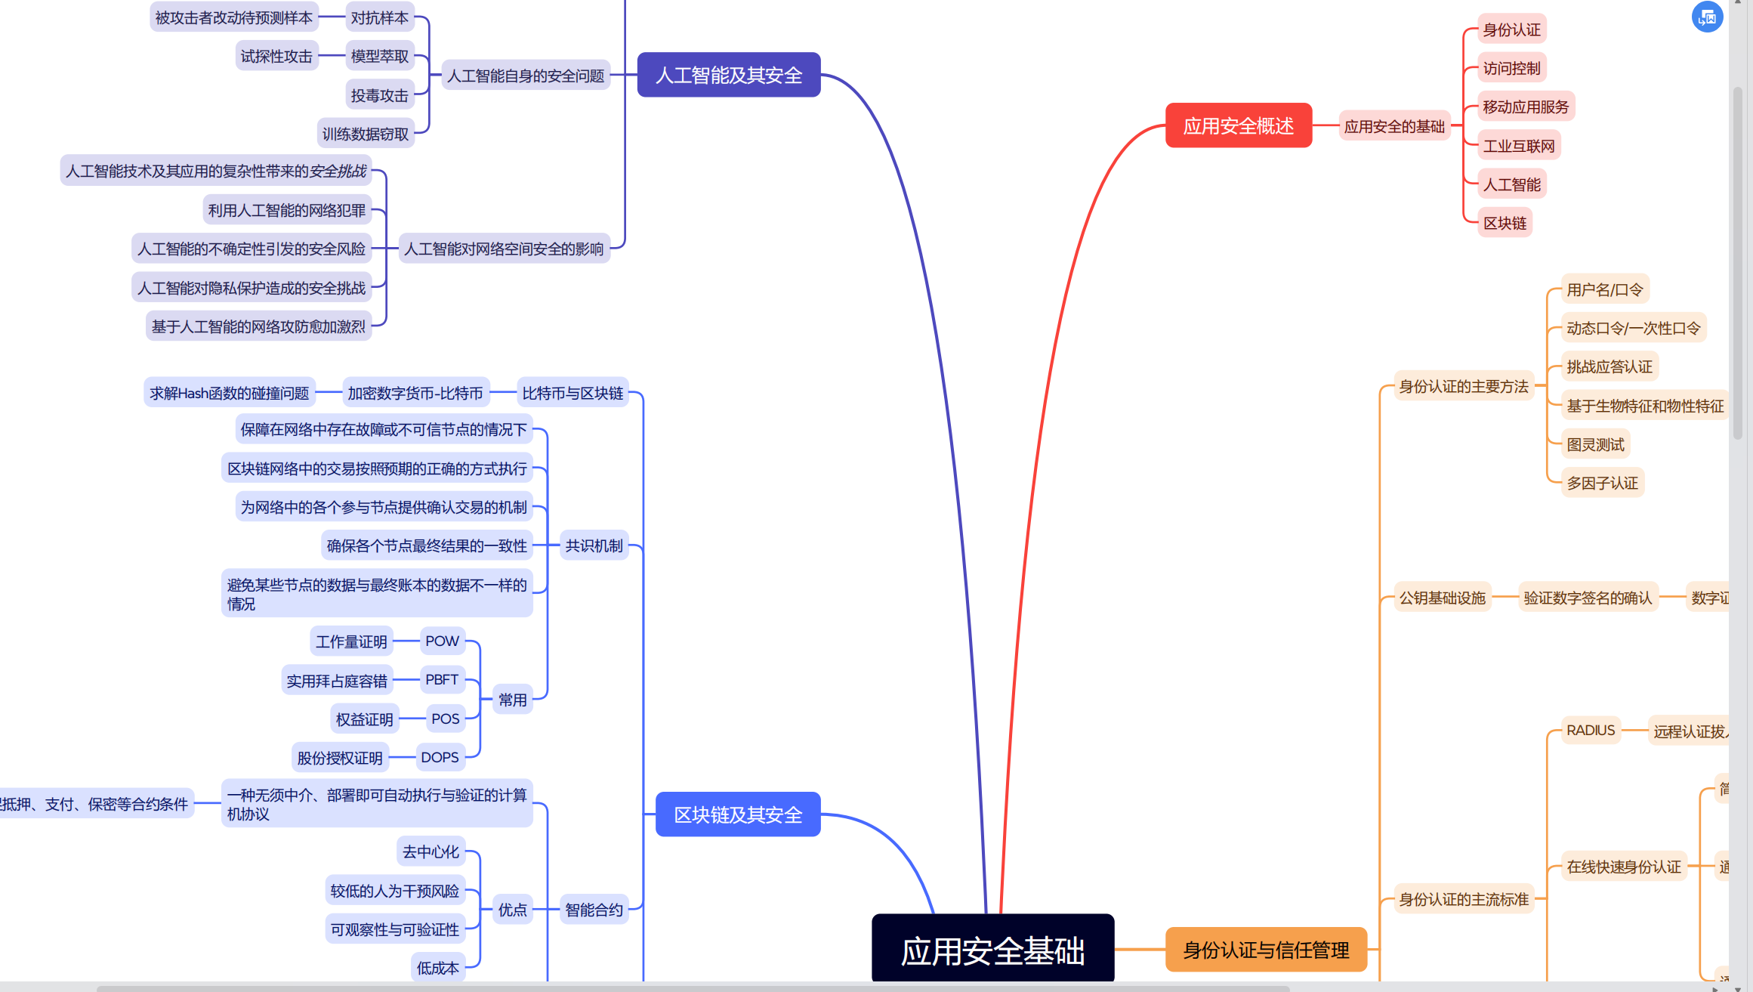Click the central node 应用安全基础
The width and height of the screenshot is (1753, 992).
click(992, 949)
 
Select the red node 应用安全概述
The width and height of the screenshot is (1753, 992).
click(1238, 125)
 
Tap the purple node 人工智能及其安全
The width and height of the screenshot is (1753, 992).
click(728, 75)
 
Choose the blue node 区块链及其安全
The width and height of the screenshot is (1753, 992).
click(737, 814)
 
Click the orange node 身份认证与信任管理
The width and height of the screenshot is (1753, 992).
click(1266, 950)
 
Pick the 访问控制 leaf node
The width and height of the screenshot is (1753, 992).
click(1511, 68)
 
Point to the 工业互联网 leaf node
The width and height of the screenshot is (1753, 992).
click(1519, 146)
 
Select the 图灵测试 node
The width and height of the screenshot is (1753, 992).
click(1595, 444)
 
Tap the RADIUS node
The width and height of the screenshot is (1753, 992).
click(1591, 731)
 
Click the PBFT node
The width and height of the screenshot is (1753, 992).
click(442, 680)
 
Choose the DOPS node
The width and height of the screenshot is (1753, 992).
click(440, 757)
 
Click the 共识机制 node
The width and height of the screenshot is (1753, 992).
click(594, 545)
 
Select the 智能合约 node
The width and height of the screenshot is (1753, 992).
click(594, 910)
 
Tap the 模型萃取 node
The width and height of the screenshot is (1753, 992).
click(380, 56)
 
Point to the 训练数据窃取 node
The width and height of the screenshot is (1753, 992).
click(366, 134)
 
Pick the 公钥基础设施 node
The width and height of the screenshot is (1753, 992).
click(1442, 598)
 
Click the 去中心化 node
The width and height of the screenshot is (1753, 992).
click(431, 851)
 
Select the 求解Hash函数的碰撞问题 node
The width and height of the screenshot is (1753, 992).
click(230, 393)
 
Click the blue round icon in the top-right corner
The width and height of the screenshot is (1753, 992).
click(1707, 17)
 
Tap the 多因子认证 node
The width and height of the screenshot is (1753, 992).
click(1602, 483)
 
